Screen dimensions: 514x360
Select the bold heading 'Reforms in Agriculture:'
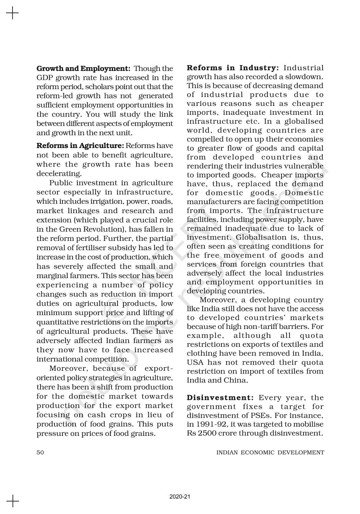[80, 146]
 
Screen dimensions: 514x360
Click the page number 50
[40, 452]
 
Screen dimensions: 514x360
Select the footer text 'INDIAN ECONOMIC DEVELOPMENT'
[270, 452]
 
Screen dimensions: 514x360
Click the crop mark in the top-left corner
[13, 13]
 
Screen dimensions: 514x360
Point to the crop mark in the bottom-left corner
[13, 501]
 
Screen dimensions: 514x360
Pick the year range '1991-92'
[213, 424]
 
